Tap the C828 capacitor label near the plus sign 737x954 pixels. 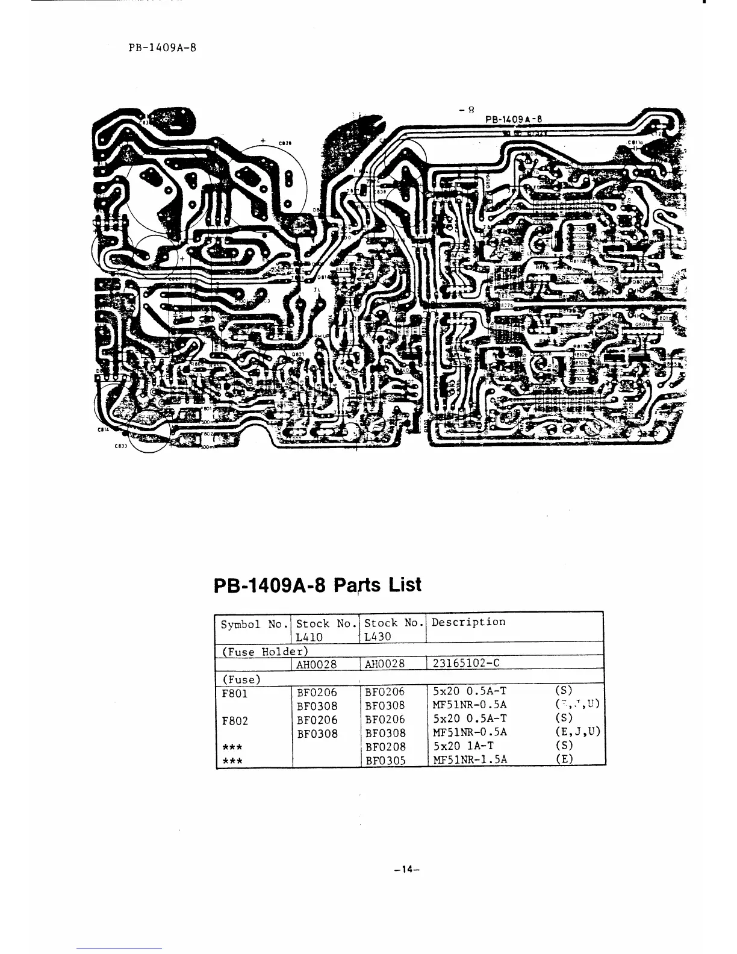(285, 143)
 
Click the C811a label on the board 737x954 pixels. (635, 143)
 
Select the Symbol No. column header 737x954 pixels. (253, 624)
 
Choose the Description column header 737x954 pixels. (468, 622)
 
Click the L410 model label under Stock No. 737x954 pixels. (309, 636)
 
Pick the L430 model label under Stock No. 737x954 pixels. (378, 636)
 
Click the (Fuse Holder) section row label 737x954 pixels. (261, 651)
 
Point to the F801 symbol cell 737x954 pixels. (234, 693)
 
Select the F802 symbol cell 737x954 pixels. (234, 720)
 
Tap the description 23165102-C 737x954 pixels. (466, 664)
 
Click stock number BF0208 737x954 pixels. (385, 747)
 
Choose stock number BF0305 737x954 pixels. (385, 760)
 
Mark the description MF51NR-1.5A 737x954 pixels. (470, 759)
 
